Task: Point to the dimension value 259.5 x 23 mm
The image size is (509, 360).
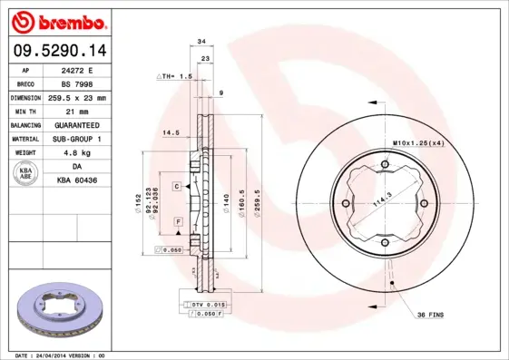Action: [x=76, y=97]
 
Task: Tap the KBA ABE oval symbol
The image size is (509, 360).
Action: [x=25, y=174]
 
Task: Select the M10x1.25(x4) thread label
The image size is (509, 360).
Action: [x=418, y=143]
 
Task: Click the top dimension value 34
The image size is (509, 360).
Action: [x=201, y=42]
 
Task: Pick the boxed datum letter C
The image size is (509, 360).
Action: [x=178, y=185]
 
